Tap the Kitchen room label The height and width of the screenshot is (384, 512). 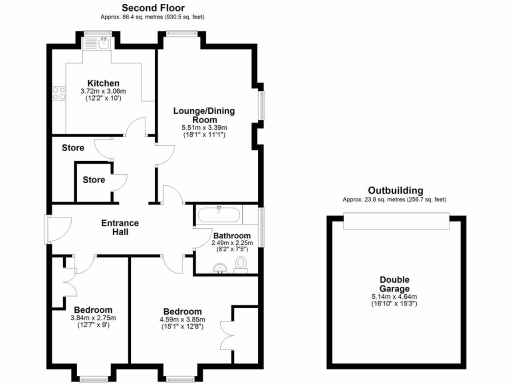pyautogui.click(x=103, y=83)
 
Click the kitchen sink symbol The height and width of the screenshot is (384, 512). pyautogui.click(x=103, y=44)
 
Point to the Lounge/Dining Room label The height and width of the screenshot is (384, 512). pyautogui.click(x=204, y=115)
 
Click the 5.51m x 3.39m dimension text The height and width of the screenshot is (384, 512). pyautogui.click(x=204, y=128)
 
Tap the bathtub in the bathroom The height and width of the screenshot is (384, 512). pyautogui.click(x=219, y=216)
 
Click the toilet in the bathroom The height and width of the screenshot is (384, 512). pyautogui.click(x=241, y=263)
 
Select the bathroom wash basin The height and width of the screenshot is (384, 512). pyautogui.click(x=220, y=269)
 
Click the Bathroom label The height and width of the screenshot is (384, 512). pyautogui.click(x=231, y=235)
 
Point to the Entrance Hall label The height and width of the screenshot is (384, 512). pyautogui.click(x=120, y=227)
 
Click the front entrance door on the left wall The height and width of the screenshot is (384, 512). pyautogui.click(x=47, y=229)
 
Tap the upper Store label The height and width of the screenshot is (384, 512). pyautogui.click(x=73, y=148)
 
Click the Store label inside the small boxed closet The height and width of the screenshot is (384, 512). pyautogui.click(x=94, y=179)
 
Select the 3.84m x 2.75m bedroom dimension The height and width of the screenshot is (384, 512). pyautogui.click(x=93, y=318)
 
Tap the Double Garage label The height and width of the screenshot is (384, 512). pyautogui.click(x=394, y=284)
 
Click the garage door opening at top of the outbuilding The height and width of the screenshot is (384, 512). pyautogui.click(x=396, y=221)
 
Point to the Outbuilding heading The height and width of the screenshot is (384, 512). pyautogui.click(x=395, y=190)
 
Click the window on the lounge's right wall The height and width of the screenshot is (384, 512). pyautogui.click(x=261, y=105)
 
